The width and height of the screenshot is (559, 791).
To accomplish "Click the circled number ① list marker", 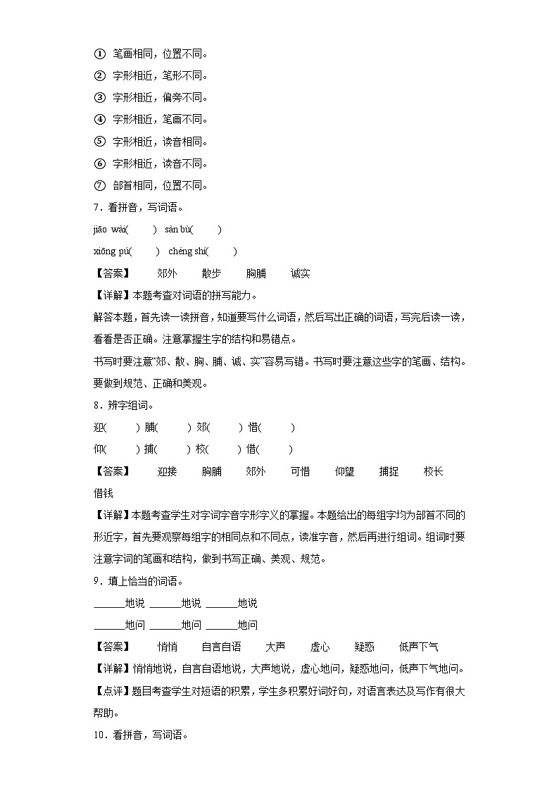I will pos(99,54).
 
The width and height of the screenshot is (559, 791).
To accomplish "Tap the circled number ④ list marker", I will pos(99,120).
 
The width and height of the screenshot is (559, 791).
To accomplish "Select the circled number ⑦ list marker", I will pos(99,186).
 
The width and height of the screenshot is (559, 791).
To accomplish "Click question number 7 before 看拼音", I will pos(96,208).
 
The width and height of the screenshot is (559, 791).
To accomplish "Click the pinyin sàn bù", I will pos(178,230).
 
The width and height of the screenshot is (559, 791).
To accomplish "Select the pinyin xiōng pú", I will pos(111,251).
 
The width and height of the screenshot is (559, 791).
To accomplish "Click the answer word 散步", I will pos(211,274).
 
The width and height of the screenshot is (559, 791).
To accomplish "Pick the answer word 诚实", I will pos(300,274).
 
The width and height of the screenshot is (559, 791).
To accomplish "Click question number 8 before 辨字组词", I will pos(96,406).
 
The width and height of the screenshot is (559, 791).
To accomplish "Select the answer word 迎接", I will pos(167,472).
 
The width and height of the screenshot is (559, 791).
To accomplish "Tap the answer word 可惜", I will pos(300,472).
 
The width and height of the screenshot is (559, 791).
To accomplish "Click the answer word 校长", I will pos(434,472).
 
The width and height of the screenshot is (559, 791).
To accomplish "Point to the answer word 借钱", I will pos(103,494).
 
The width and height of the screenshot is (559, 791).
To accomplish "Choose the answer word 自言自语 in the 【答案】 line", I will pos(221,647).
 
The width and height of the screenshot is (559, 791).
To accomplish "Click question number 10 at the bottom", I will pos(99,735).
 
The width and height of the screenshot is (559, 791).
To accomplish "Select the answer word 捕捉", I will pos(389,472).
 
